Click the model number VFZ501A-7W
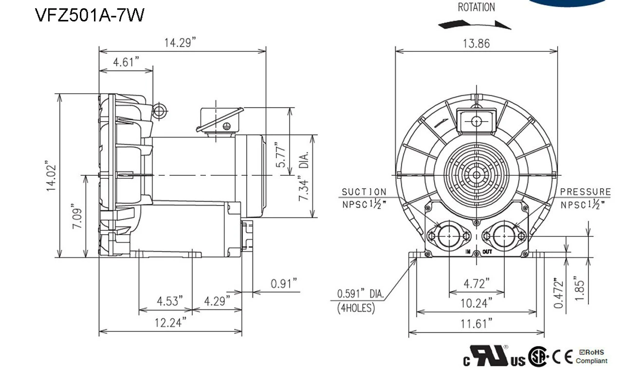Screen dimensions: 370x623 pos(90,15)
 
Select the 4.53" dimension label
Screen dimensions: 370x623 pos(170,301)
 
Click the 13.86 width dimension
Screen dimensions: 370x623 pos(476,43)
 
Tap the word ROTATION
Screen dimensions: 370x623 pos(476,7)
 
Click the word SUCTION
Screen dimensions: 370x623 pos(364,192)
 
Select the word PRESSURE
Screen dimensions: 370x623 pos(585,192)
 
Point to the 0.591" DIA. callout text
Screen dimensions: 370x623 pos(361,294)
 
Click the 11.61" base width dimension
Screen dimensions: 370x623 pos(476,323)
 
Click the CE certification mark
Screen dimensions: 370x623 pos(563,357)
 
